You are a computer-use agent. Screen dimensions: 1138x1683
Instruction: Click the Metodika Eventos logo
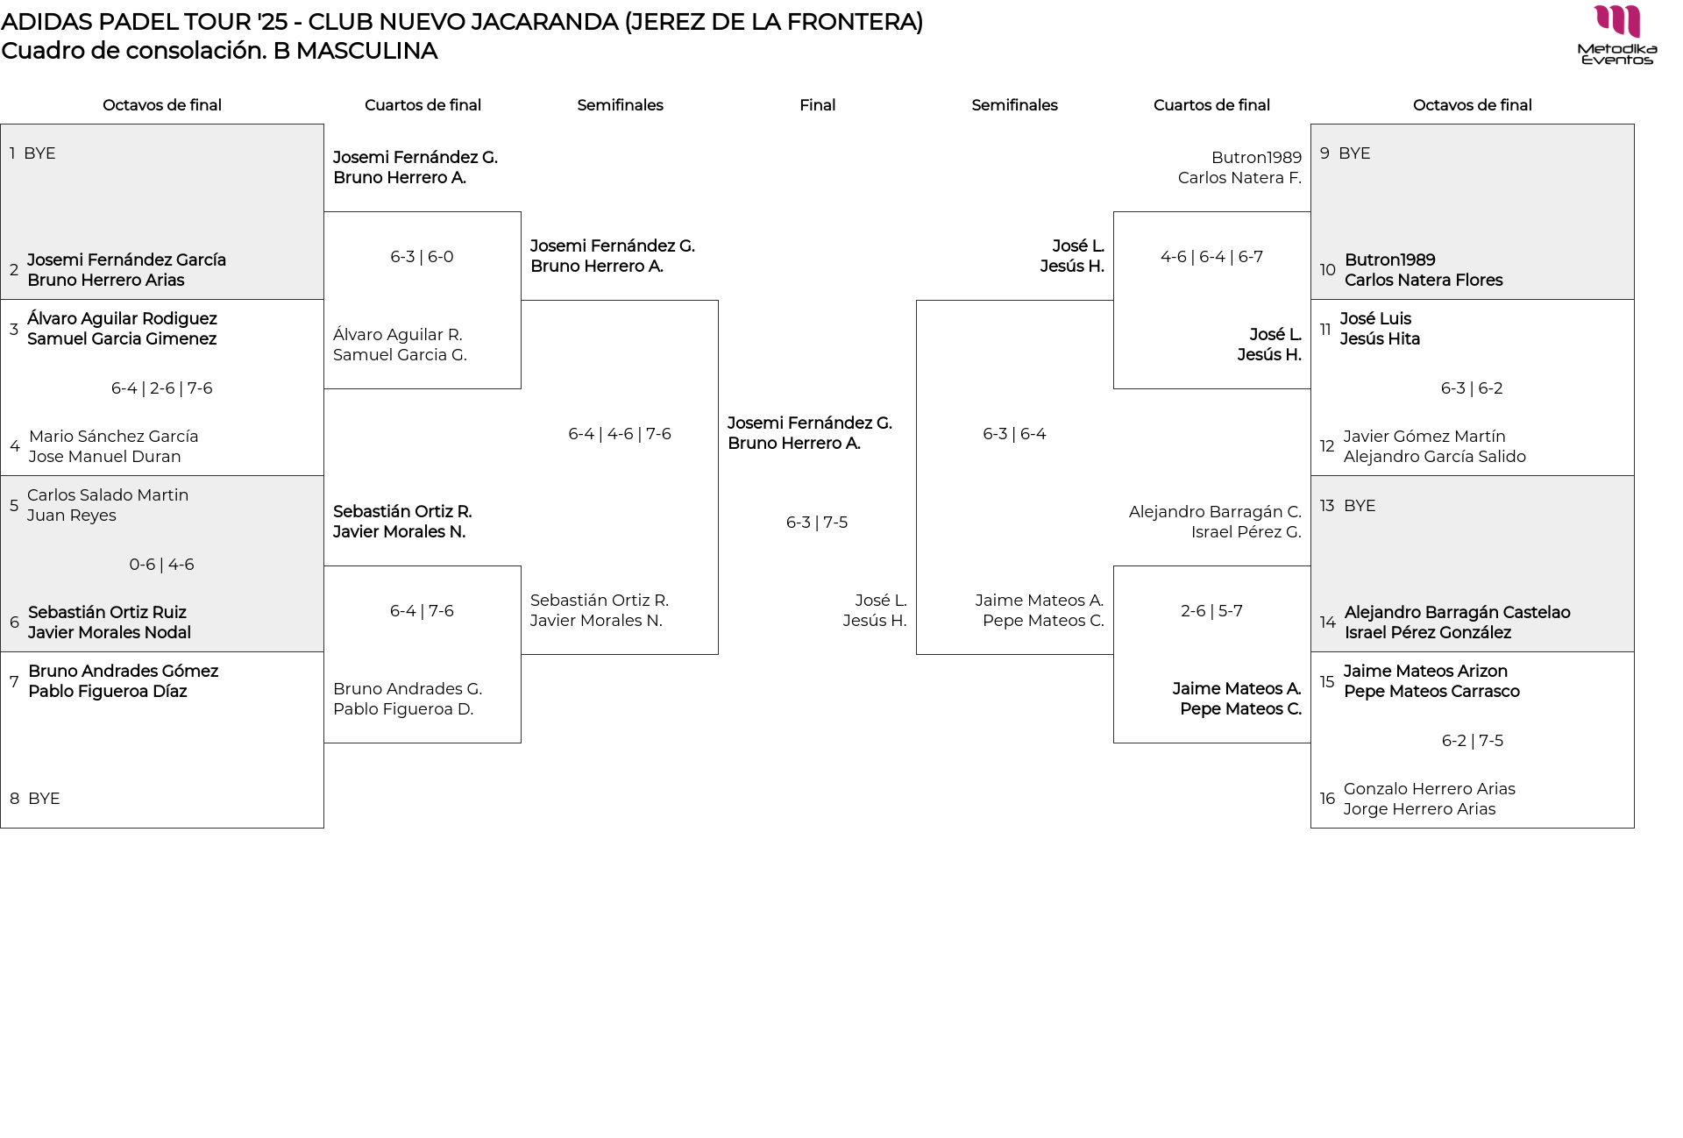click(1616, 35)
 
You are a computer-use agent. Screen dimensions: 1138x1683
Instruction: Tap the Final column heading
click(817, 105)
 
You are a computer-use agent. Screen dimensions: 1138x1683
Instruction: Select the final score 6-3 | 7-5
click(817, 523)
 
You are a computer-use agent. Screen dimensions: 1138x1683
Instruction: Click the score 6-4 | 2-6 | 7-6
click(161, 388)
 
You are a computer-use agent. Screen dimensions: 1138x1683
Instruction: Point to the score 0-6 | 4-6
click(161, 565)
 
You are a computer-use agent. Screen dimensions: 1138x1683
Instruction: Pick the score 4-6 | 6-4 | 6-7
click(1211, 257)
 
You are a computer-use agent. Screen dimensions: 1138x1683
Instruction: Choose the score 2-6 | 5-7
click(1211, 611)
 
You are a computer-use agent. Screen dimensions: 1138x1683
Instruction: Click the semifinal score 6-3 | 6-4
click(1014, 434)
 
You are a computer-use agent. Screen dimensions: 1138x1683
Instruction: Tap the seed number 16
click(1327, 799)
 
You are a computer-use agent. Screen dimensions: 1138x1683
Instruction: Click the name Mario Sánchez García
click(113, 437)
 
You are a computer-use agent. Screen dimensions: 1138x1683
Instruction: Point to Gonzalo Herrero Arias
click(1429, 789)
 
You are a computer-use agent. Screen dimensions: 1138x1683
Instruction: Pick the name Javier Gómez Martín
click(1424, 437)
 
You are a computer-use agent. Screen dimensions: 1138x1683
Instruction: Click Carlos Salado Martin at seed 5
click(108, 495)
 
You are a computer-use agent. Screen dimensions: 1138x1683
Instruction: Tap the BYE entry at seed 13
click(1359, 506)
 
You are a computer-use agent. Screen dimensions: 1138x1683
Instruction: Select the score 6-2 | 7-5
click(1472, 741)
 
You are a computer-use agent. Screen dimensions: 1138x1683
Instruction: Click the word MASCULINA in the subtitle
click(366, 51)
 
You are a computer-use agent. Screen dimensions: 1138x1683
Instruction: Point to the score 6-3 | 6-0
click(422, 257)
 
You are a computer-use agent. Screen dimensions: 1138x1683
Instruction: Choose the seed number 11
click(1325, 330)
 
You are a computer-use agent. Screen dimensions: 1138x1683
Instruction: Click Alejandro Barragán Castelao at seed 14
click(1457, 613)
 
